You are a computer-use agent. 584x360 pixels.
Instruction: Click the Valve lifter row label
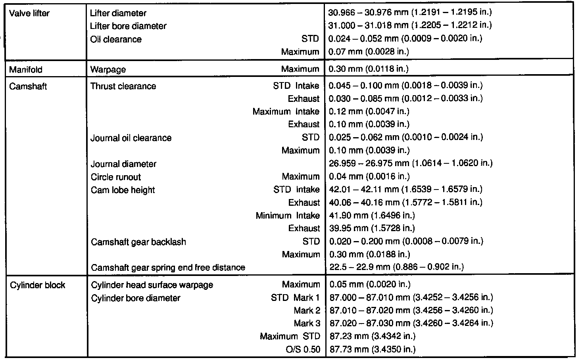29,13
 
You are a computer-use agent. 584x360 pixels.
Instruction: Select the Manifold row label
25,69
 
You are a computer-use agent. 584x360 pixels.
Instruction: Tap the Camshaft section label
27,86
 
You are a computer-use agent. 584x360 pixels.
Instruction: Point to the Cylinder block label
37,285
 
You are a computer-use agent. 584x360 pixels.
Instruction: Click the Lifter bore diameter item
128,26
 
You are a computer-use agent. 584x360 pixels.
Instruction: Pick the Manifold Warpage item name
108,69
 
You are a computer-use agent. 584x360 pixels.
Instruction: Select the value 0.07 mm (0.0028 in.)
369,52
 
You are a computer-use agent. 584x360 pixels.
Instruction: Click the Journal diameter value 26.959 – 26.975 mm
411,163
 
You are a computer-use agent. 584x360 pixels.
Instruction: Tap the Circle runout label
116,177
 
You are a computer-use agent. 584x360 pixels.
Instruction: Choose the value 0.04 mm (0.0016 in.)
369,176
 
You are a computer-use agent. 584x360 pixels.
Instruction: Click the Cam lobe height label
123,190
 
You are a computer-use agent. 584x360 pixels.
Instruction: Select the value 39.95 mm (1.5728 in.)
372,228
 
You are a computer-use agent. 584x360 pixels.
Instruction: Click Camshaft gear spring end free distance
168,268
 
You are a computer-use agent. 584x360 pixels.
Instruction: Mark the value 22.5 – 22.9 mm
396,267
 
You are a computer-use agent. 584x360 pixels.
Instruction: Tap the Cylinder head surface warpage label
152,285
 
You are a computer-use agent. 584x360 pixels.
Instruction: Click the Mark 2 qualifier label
307,310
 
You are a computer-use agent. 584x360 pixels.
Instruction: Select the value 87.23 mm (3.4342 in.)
373,336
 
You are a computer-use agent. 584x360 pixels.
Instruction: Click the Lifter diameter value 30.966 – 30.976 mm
410,12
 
